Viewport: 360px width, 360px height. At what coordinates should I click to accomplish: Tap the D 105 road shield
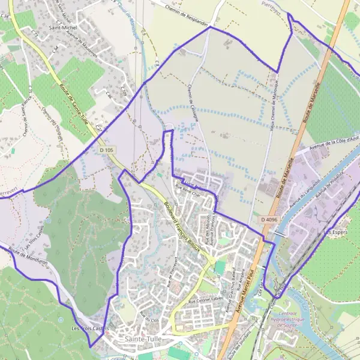(x=107, y=149)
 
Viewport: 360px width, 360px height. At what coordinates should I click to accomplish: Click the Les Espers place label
(x=337, y=232)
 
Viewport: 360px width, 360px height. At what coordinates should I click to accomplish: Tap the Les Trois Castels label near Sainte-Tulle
(x=89, y=328)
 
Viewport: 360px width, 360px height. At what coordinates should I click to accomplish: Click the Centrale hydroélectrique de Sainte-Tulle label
(x=298, y=321)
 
